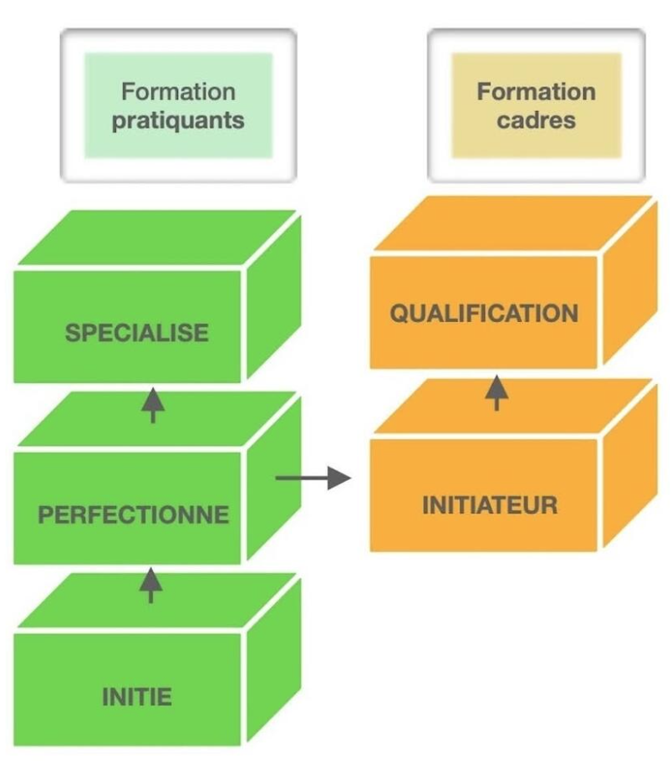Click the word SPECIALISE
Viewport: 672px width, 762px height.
(136, 332)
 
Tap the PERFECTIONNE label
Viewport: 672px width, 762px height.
(133, 514)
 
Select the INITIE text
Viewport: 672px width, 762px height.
(137, 696)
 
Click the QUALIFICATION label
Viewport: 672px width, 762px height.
(484, 314)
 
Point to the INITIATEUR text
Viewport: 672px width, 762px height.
(490, 505)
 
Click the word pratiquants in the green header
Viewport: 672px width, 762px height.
(178, 120)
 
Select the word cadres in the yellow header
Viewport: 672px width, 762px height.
(537, 120)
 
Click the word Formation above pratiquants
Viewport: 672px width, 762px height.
(178, 91)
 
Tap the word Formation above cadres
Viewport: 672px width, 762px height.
(537, 91)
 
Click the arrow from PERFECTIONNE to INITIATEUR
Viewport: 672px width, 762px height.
(313, 478)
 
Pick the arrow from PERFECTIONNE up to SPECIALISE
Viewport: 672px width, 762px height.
(152, 405)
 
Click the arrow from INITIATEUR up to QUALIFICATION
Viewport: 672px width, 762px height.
(497, 391)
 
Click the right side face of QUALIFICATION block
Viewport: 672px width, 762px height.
(629, 284)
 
